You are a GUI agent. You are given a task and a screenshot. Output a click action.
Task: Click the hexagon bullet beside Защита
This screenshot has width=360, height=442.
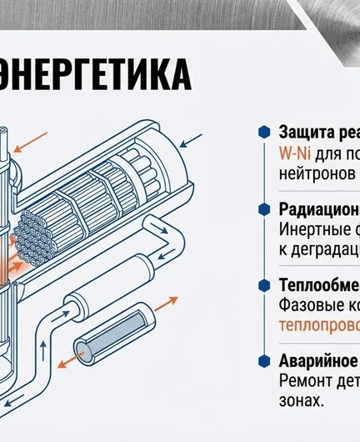[264, 133]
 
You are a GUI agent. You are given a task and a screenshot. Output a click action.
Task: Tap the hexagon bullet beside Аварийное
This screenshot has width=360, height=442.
[264, 361]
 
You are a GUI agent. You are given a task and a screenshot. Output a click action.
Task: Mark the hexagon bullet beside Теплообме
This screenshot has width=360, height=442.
[264, 285]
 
